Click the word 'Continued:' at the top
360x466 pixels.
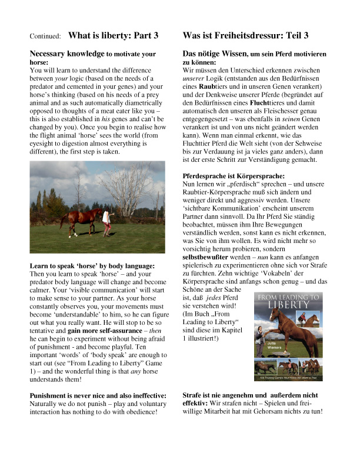(x=45, y=36)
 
